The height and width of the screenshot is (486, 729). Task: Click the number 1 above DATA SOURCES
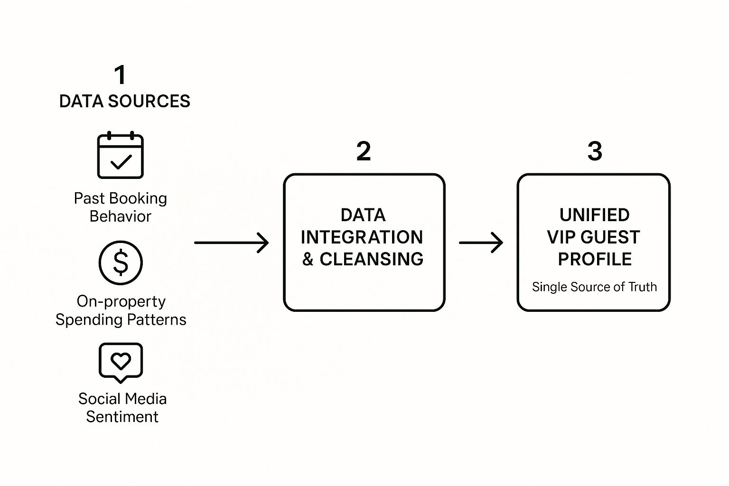click(120, 75)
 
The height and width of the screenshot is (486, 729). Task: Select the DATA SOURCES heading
click(124, 101)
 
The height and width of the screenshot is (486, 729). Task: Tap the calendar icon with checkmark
click(120, 156)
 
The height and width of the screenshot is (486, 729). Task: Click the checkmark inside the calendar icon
click(121, 162)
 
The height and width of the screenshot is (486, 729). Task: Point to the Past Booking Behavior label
click(121, 207)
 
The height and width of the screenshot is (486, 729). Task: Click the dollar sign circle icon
click(121, 262)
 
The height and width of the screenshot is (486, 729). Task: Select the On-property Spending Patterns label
click(121, 310)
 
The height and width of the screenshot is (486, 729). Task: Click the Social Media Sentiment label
click(122, 408)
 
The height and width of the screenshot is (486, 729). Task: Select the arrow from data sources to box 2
click(231, 243)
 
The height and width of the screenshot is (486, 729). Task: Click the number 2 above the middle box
click(364, 151)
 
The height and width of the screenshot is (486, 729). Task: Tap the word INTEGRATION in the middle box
click(362, 237)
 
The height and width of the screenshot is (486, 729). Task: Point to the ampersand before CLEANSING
click(308, 259)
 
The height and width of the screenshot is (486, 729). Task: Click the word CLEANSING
click(371, 259)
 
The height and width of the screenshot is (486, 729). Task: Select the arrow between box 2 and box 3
click(481, 243)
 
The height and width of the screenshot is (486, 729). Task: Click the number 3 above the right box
click(595, 151)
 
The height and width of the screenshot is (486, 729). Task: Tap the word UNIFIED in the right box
click(594, 215)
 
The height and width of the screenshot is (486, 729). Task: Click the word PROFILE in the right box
click(595, 259)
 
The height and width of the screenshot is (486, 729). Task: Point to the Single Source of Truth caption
click(594, 287)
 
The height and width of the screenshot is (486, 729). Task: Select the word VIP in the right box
click(561, 237)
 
